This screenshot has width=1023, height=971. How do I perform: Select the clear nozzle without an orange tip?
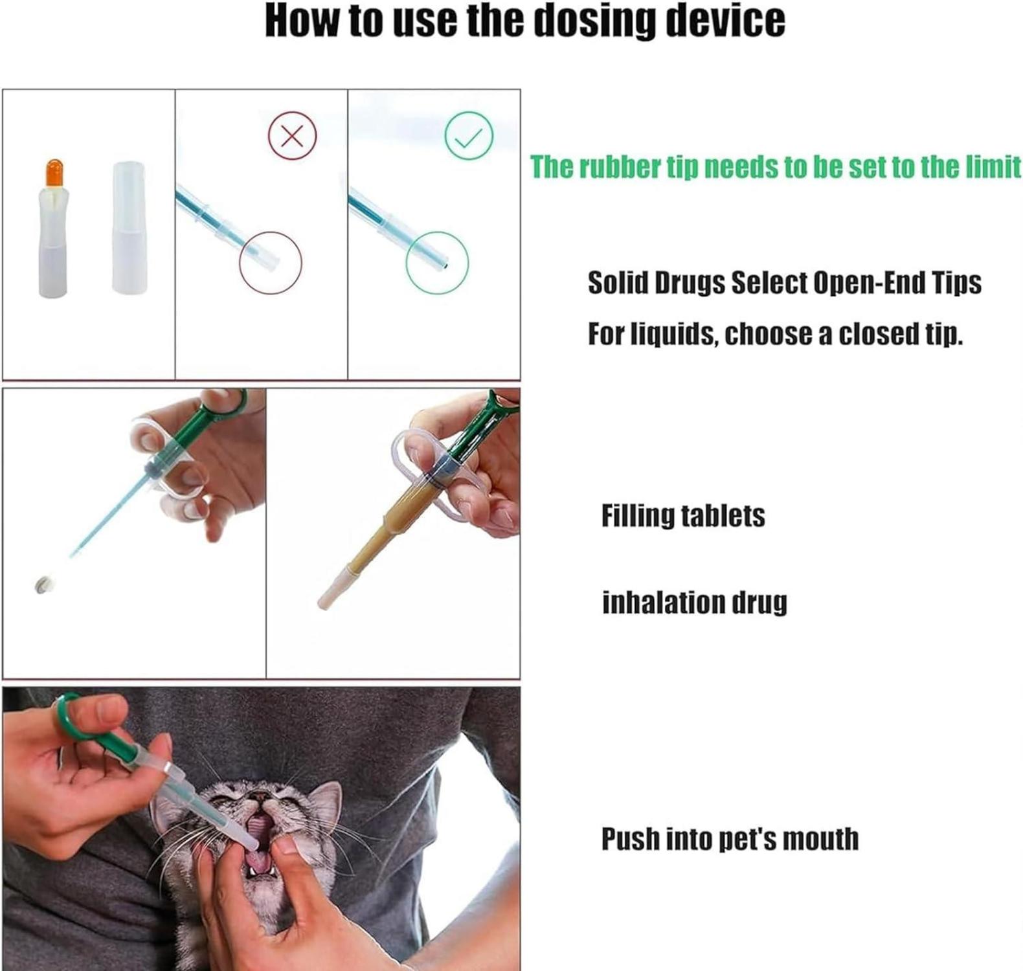point(129,227)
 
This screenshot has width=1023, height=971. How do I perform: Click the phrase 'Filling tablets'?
point(683,516)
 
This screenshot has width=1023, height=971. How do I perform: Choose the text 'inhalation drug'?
point(695,603)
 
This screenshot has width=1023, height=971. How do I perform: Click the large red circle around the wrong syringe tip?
point(240,263)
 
